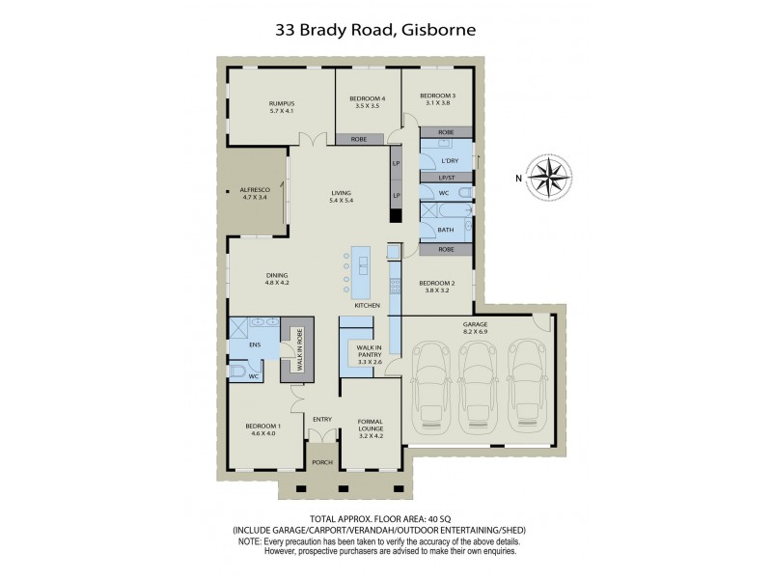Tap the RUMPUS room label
[x=281, y=107]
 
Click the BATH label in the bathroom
[x=445, y=230]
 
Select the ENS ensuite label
[x=256, y=344]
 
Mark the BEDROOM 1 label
[x=262, y=428]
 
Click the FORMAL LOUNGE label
[x=371, y=425]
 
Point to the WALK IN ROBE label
[x=299, y=350]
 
